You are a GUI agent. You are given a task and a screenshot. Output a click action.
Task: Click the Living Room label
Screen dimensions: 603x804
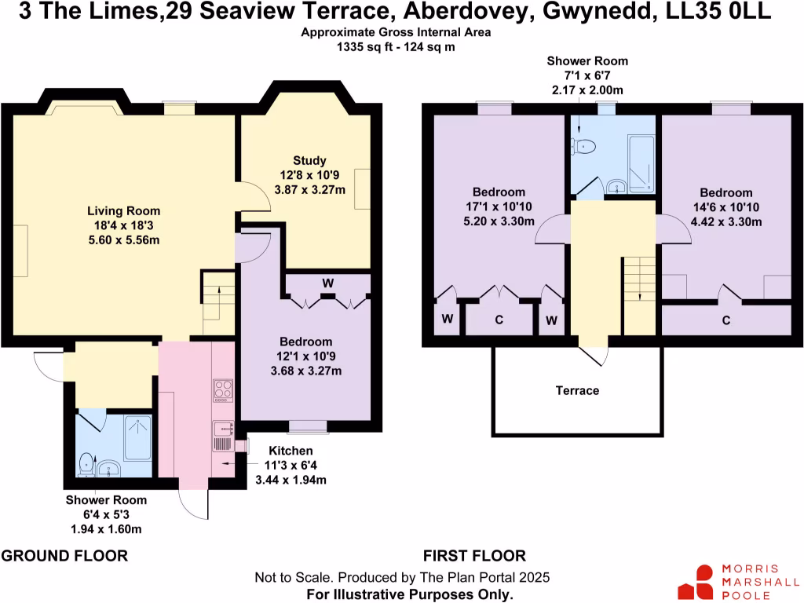pos(123,210)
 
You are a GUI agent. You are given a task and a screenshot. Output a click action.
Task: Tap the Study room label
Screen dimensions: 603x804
pos(309,161)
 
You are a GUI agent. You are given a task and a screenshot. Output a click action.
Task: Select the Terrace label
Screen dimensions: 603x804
pos(577,390)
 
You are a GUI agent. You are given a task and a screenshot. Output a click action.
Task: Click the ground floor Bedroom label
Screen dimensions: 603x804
pos(306,342)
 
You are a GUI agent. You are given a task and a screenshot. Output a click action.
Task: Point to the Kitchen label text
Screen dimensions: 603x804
pos(291,451)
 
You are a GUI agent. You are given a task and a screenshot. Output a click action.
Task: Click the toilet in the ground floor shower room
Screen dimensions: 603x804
pos(86,465)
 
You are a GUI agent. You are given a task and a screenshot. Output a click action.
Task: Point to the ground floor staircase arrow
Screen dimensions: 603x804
pos(217,296)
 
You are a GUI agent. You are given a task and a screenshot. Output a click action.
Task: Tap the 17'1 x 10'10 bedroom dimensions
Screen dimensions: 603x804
pos(499,206)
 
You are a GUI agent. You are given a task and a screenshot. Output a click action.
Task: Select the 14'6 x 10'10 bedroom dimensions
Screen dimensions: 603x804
pos(725,207)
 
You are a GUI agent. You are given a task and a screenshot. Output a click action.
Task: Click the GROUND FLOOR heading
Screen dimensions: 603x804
pos(64,556)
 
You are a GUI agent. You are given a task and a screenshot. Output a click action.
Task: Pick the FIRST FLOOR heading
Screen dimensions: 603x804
pos(474,556)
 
